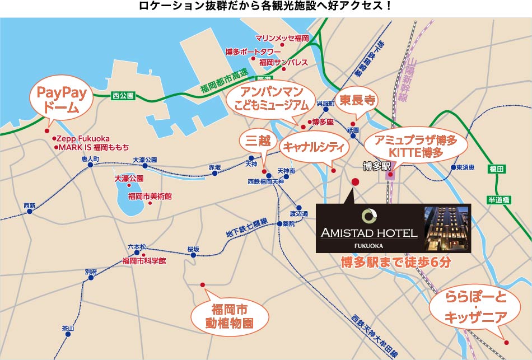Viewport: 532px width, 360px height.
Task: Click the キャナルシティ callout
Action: click(x=315, y=147)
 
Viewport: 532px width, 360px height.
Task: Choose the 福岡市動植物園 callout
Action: click(x=229, y=316)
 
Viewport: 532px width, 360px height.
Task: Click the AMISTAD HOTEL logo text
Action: click(x=369, y=232)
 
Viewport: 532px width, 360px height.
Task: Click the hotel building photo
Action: click(x=447, y=228)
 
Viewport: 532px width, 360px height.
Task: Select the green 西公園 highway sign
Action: click(x=123, y=96)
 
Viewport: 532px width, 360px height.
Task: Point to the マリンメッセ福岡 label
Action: click(x=282, y=38)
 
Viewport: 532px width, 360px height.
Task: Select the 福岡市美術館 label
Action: click(x=150, y=196)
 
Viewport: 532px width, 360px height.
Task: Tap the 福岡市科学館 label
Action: click(x=144, y=261)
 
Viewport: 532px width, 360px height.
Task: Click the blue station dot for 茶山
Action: click(x=68, y=334)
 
